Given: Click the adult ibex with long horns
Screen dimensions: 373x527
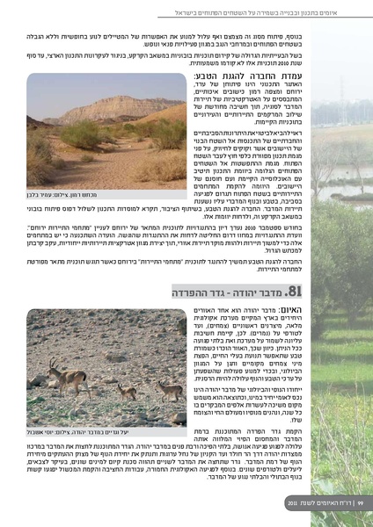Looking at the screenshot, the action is (x=69, y=379).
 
